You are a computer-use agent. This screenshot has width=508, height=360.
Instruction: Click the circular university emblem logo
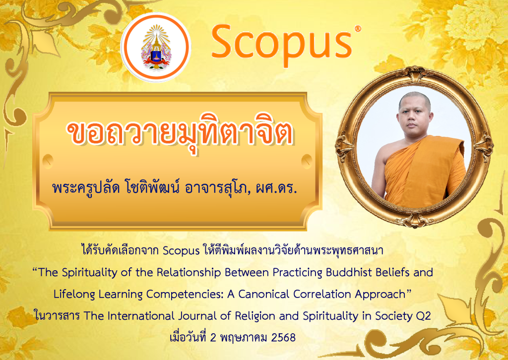coord(156,47)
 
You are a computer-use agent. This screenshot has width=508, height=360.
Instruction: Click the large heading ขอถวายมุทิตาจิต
coord(180,133)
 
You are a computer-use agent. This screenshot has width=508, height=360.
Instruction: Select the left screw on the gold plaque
coord(48,161)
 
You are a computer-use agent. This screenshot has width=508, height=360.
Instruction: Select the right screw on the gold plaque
coord(307,161)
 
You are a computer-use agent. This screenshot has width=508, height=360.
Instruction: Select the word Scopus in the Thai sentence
coord(181,251)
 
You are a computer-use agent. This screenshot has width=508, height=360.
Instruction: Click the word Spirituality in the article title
coord(89,273)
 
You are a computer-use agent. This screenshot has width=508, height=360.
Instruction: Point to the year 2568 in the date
coord(283,338)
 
